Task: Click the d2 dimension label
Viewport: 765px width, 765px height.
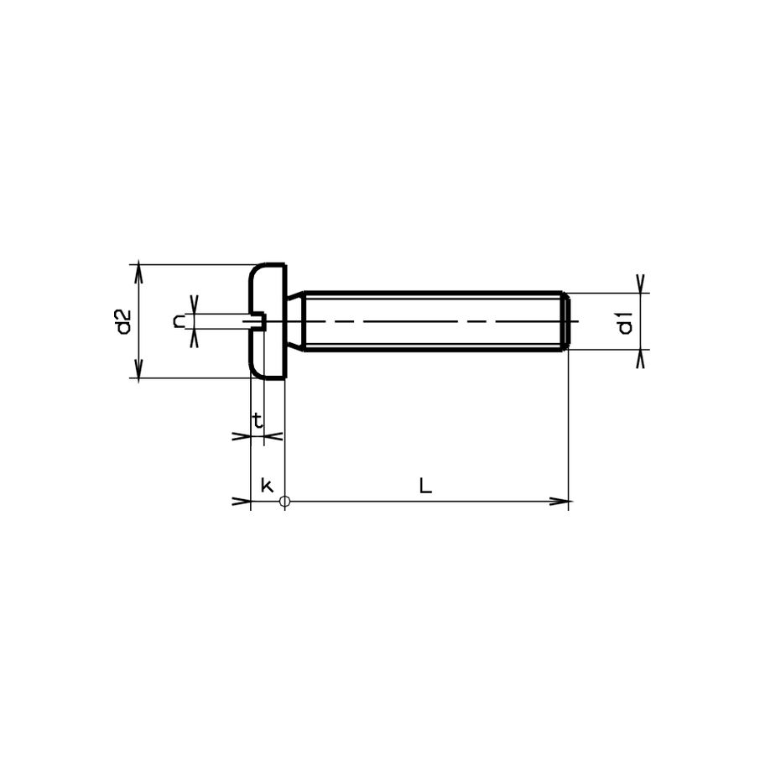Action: (123, 322)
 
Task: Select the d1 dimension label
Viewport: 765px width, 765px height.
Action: (625, 322)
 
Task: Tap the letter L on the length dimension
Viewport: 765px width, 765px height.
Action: (425, 486)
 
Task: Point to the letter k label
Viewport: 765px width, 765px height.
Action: (267, 486)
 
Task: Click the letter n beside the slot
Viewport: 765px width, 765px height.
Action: (180, 320)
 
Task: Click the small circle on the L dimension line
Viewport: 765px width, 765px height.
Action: (285, 502)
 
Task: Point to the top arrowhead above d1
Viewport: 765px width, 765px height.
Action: (641, 283)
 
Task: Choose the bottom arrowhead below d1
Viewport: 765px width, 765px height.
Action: (641, 359)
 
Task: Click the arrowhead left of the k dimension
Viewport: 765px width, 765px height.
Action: (242, 502)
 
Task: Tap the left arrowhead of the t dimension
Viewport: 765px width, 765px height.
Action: (242, 436)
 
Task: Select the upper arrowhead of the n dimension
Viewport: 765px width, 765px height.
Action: (195, 304)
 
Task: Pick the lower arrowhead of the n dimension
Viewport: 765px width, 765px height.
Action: (195, 338)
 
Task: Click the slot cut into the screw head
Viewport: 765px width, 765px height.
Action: (258, 321)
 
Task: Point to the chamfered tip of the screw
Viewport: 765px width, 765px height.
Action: (567, 321)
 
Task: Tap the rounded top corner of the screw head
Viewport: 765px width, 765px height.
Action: (256, 270)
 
